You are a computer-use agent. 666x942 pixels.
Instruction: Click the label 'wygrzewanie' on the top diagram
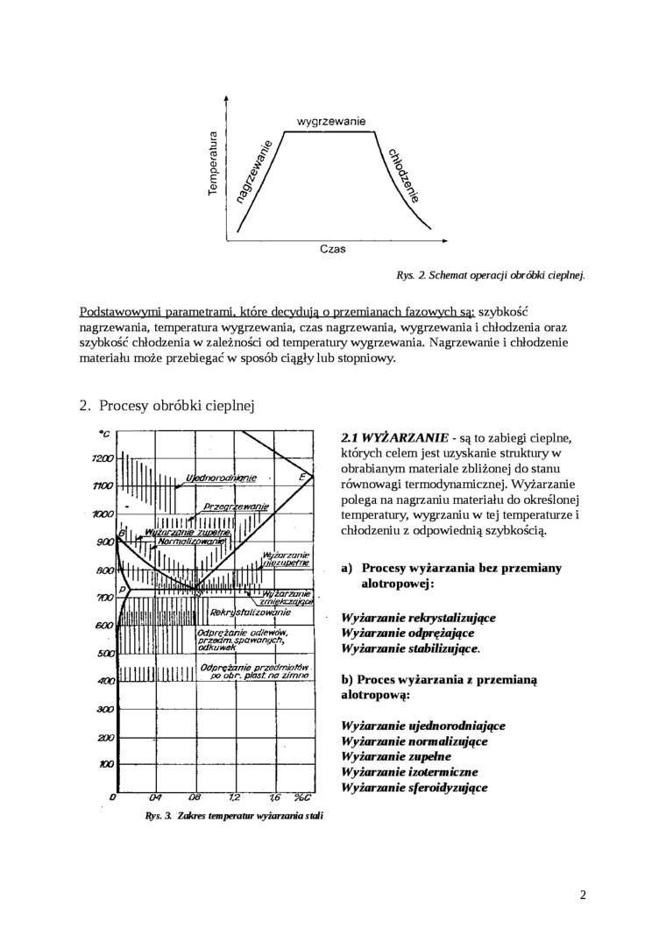click(x=331, y=120)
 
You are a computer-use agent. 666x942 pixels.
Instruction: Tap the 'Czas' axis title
click(x=332, y=248)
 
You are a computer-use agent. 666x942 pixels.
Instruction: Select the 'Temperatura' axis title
click(x=213, y=164)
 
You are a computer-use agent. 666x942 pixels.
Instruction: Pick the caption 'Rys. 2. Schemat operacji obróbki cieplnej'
click(x=491, y=275)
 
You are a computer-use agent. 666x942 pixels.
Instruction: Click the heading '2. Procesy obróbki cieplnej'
click(x=167, y=406)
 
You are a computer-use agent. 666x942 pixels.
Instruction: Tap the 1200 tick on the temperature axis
click(x=103, y=458)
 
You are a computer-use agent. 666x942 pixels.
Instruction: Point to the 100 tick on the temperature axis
click(x=105, y=764)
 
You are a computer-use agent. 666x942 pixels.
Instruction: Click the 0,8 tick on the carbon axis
click(x=194, y=798)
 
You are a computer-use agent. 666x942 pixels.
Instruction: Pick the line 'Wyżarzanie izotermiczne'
click(x=409, y=771)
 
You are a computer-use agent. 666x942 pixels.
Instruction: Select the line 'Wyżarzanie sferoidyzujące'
click(x=414, y=787)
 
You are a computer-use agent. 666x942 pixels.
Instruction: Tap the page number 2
click(x=583, y=895)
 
